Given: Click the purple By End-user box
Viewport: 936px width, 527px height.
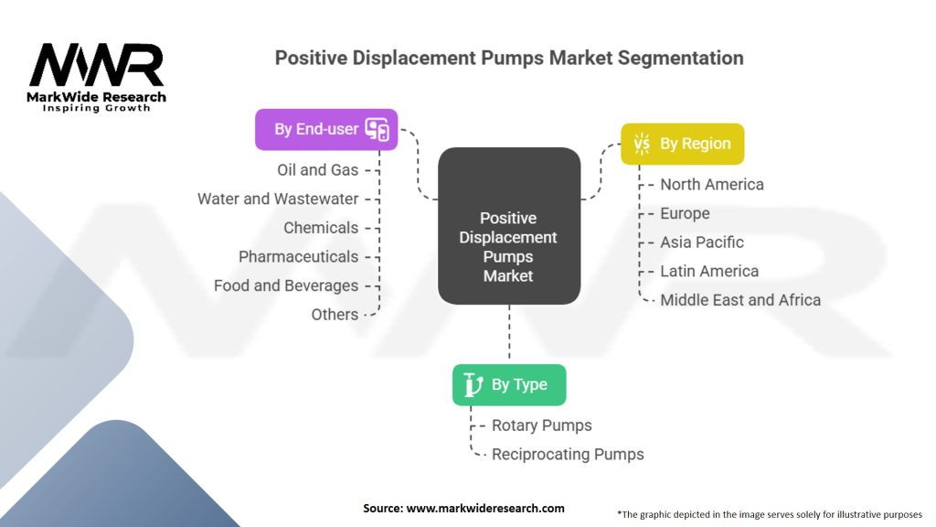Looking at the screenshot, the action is [x=326, y=129].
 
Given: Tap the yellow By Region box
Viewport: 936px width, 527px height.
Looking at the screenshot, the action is [x=682, y=144].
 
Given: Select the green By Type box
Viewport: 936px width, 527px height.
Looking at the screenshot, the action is [x=509, y=385].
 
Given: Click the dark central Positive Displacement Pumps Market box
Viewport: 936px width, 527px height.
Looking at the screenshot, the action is [x=509, y=226].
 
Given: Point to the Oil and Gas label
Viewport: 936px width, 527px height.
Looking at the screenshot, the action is [x=317, y=170].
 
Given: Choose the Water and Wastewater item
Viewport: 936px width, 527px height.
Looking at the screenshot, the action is [x=278, y=199].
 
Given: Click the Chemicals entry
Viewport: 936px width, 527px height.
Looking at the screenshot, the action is [x=321, y=228].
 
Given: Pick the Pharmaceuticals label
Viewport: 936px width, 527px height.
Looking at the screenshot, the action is [x=299, y=257].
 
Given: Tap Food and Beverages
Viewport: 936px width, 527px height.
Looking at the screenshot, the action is [x=286, y=285].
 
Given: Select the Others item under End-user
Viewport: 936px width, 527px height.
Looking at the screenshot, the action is [x=335, y=315].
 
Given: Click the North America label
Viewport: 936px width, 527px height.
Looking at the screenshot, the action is [x=711, y=185].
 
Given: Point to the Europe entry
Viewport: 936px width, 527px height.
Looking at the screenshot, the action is [x=685, y=213].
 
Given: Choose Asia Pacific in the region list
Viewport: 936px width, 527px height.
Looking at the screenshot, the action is [x=701, y=242].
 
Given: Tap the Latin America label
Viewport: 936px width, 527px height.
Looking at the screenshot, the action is [x=709, y=271].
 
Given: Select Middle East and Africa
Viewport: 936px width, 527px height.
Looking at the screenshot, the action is [x=740, y=300].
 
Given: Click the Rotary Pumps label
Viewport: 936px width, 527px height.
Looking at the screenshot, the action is [x=541, y=425].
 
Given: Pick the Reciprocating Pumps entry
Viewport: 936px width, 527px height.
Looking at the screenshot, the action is [x=568, y=454].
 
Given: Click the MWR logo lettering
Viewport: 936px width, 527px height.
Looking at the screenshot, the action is [x=97, y=65].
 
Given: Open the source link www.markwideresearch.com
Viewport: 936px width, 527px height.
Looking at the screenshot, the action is [x=485, y=509].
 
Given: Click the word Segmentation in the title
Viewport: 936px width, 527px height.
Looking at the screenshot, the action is [x=680, y=58].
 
